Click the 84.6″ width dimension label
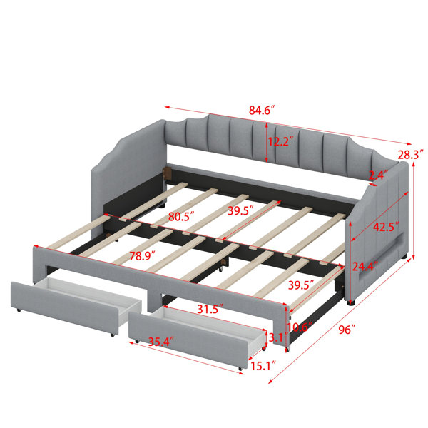(x=261, y=111)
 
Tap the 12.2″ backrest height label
(x=280, y=141)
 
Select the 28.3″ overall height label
(x=411, y=155)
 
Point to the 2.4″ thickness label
(x=378, y=175)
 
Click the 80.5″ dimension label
(x=181, y=216)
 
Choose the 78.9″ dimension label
(x=142, y=256)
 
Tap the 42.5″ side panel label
(x=386, y=227)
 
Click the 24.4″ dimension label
(x=365, y=266)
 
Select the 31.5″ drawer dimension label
(x=210, y=309)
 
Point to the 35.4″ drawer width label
(x=160, y=342)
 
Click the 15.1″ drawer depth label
(x=263, y=366)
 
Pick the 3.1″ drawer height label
(x=278, y=337)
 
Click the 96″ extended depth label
(x=347, y=330)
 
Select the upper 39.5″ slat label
(x=241, y=210)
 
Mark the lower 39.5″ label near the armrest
(x=301, y=285)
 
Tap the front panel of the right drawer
(x=188, y=340)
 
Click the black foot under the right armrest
(x=351, y=302)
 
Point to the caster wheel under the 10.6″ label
(x=287, y=349)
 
